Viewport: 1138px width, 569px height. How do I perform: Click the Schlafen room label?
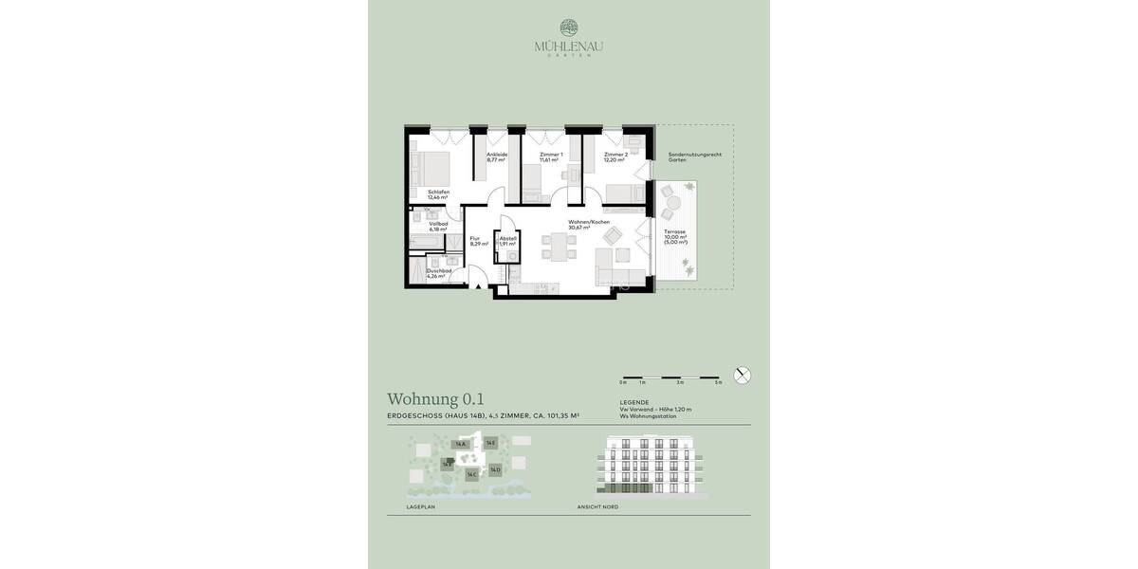[x=438, y=194]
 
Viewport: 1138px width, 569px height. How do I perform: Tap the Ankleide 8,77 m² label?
[x=497, y=157]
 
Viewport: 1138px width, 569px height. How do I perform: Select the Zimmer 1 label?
[x=551, y=157]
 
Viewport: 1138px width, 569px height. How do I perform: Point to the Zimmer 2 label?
[x=615, y=157]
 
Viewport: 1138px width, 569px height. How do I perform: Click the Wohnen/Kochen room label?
[x=588, y=225]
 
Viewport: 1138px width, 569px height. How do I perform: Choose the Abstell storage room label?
[x=507, y=241]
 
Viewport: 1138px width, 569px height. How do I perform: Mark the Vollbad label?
[x=437, y=227]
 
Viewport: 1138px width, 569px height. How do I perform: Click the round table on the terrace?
[x=672, y=201]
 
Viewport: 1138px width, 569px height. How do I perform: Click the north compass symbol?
[x=743, y=375]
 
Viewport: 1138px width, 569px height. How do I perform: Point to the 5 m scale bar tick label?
[x=719, y=382]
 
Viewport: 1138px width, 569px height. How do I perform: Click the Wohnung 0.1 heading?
[x=435, y=399]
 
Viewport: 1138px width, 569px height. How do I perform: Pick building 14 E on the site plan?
[x=490, y=443]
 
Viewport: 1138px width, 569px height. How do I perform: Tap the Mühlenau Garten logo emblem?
[x=569, y=28]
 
